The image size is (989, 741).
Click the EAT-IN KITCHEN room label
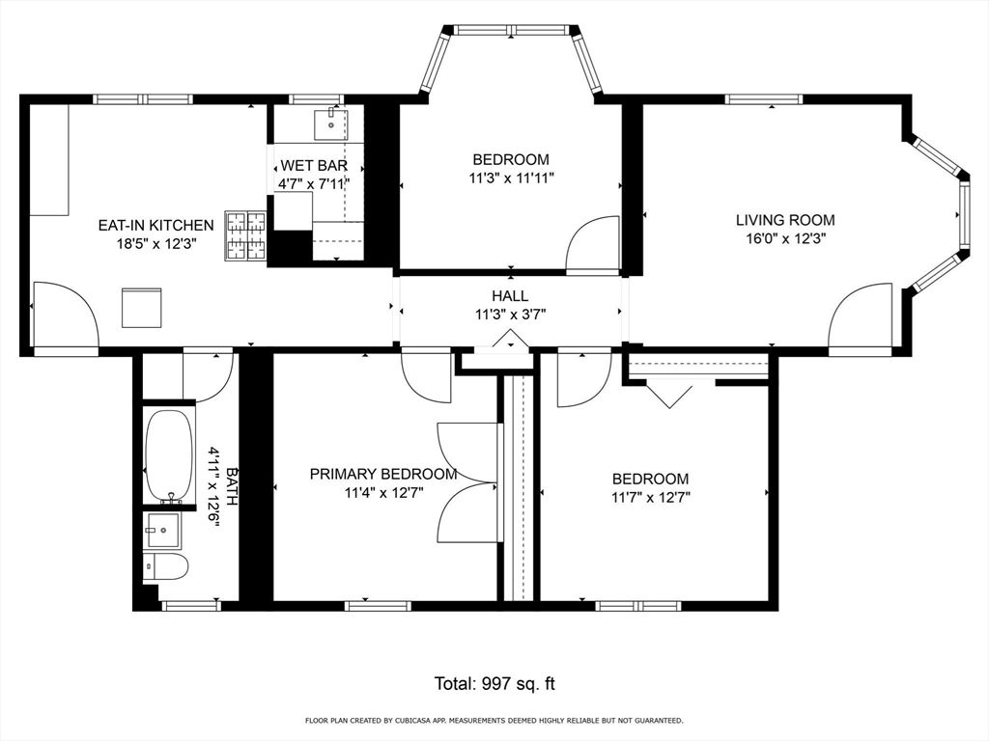155,225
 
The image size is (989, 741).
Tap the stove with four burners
245,236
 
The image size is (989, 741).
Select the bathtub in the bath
170,454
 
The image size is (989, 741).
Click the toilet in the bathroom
165,566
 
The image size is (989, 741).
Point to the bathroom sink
162,530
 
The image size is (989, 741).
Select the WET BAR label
307,165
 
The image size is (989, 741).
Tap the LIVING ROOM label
785,220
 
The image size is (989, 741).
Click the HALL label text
510,295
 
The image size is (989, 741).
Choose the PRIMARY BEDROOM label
383,474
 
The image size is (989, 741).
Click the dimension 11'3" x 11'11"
511,178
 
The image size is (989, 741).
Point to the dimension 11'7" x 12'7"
650,498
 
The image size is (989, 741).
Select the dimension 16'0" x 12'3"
785,237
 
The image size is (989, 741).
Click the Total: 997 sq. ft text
494,684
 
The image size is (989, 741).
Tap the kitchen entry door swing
64,315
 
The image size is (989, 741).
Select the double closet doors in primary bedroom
467,482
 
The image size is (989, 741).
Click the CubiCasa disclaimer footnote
494,720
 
